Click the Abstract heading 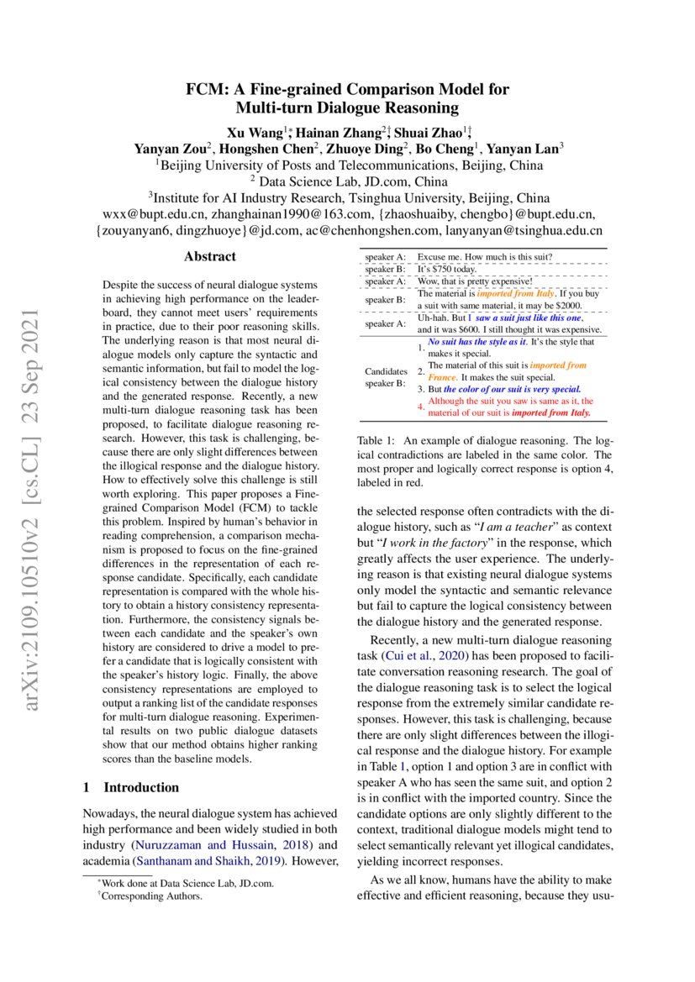point(209,257)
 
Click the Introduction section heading point(141,787)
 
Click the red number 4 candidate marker point(421,407)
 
